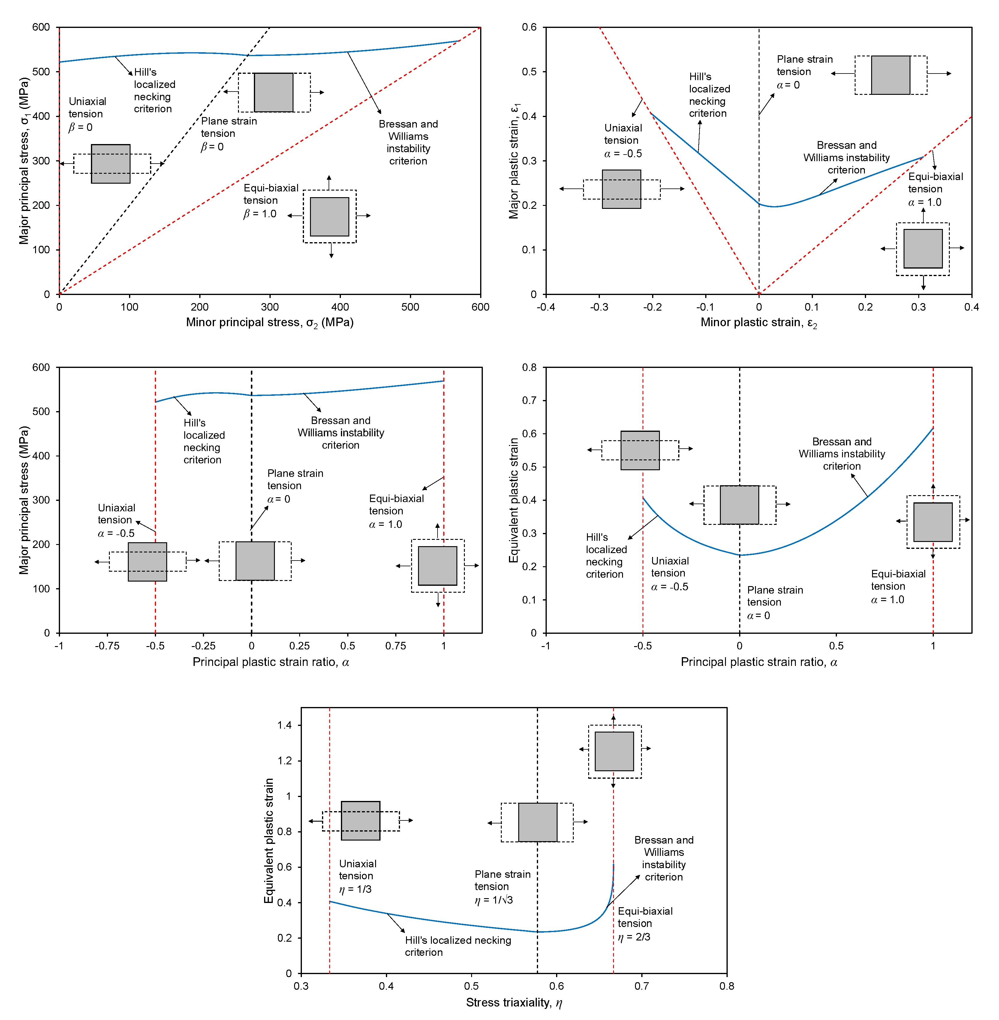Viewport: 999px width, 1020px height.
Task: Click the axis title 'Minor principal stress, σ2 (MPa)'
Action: click(x=270, y=323)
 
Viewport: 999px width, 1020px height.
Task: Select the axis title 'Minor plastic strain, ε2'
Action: click(x=759, y=323)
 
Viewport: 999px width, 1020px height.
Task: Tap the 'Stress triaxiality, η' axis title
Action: click(x=514, y=1003)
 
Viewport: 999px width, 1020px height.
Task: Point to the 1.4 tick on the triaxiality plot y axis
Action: click(x=284, y=725)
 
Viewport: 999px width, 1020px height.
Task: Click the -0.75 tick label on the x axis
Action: click(x=107, y=646)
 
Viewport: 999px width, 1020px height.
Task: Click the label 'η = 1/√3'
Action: click(x=494, y=900)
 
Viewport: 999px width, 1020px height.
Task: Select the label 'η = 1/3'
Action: click(x=355, y=889)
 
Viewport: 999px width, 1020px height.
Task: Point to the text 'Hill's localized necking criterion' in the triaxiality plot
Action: click(x=458, y=946)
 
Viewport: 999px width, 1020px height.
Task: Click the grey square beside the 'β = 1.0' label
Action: click(x=329, y=217)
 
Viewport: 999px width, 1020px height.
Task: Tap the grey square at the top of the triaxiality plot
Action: click(x=614, y=751)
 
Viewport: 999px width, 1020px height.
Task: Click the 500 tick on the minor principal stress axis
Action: click(x=410, y=307)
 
